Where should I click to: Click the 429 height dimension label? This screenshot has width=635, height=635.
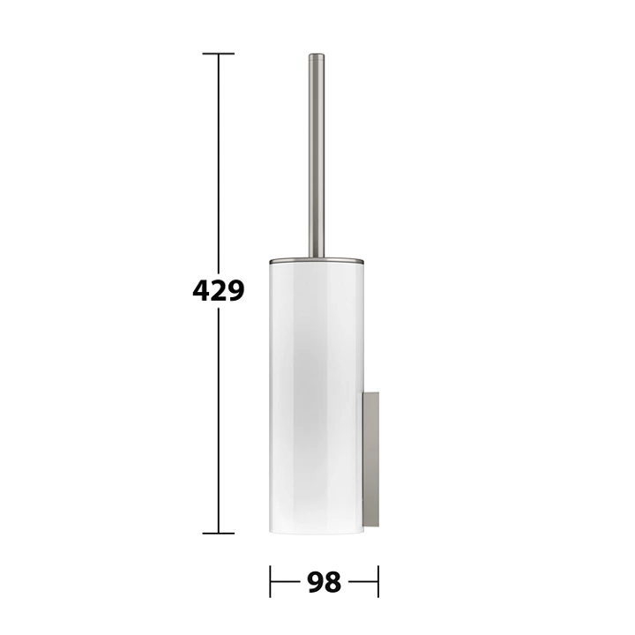pos(219,290)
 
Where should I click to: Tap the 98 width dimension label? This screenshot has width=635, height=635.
pos(324,582)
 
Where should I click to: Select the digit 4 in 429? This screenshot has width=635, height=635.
pos(201,290)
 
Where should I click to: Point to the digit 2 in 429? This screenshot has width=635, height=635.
pos(219,290)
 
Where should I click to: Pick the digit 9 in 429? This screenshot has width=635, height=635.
pos(236,290)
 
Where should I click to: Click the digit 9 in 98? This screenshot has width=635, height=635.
pos(315,582)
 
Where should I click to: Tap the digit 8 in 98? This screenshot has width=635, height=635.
pos(332,582)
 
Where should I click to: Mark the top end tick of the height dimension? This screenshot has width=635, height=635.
pos(219,54)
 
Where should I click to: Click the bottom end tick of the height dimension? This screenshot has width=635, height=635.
pos(219,534)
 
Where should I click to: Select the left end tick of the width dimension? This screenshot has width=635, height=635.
pos(270,581)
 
